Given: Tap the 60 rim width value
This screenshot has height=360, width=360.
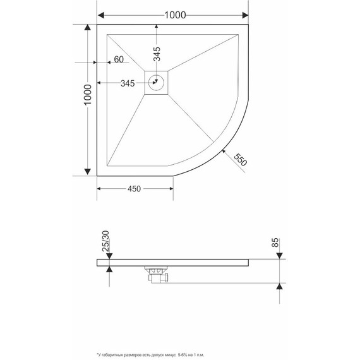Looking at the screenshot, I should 118,61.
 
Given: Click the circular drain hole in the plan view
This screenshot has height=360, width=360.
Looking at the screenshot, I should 157,82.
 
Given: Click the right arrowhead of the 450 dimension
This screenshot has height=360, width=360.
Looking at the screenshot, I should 170,189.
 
